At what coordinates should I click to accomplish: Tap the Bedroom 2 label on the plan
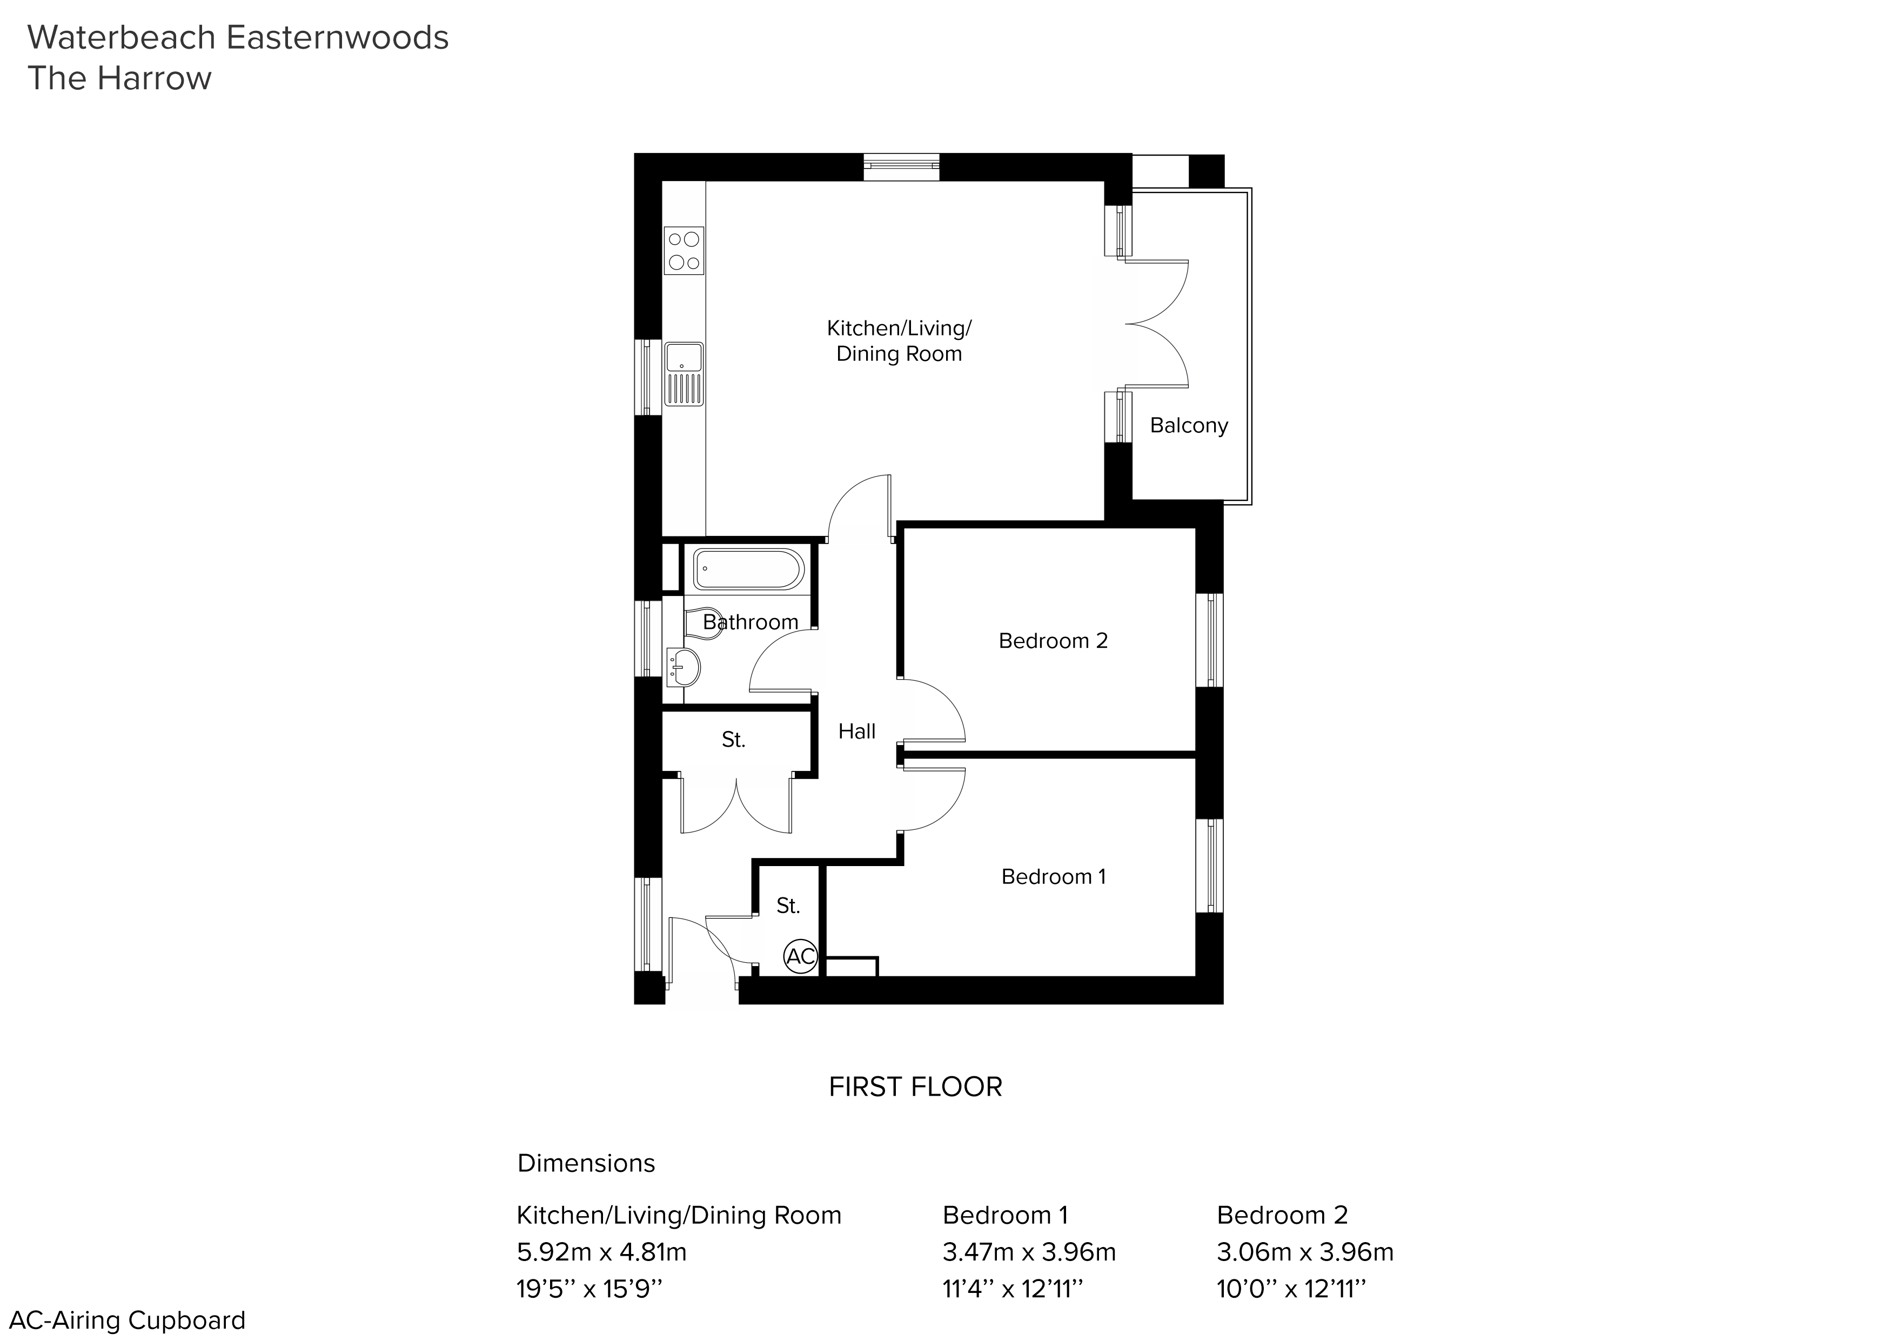click(x=1053, y=641)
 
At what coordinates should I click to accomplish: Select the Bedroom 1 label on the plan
click(x=1053, y=876)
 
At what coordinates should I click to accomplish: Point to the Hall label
click(x=856, y=731)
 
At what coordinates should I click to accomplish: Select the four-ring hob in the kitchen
click(x=684, y=251)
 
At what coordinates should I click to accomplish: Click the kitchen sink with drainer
click(x=684, y=374)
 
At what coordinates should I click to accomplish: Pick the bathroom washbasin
click(x=684, y=666)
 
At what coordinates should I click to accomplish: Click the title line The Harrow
click(x=120, y=78)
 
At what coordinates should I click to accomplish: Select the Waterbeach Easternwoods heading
click(x=239, y=38)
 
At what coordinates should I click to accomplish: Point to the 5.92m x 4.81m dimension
click(x=602, y=1252)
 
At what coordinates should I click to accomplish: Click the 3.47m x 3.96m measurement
click(x=1029, y=1252)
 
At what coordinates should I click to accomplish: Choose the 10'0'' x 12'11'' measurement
click(x=1291, y=1289)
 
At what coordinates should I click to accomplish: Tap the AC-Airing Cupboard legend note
click(x=128, y=1320)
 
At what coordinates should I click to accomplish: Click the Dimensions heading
click(x=586, y=1163)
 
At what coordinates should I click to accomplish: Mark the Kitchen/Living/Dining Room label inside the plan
click(x=899, y=341)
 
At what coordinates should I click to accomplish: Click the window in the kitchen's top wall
click(x=902, y=167)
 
